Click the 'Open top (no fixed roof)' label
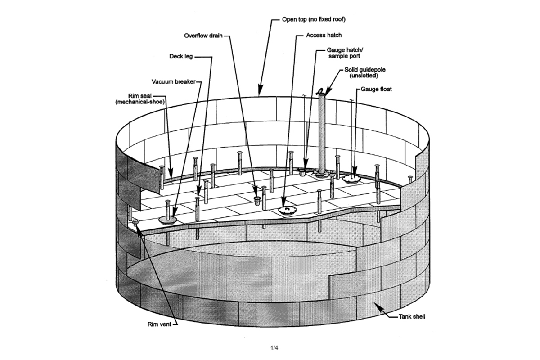pos(314,19)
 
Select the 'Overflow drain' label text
pos(203,36)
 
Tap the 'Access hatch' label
pos(324,35)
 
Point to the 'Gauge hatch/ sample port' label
pos(345,53)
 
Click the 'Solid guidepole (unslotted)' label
pos(365,72)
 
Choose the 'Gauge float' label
pos(376,89)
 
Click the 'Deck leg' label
pos(181,56)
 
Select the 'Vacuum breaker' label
pos(173,82)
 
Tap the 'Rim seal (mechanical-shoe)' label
pos(140,99)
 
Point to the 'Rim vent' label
pos(159,324)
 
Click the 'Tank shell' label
pos(412,317)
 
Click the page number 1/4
pos(274,348)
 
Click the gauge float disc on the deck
pos(352,179)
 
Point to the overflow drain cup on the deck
pos(257,200)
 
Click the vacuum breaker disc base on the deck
pos(168,220)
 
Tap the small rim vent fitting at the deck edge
pos(135,222)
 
